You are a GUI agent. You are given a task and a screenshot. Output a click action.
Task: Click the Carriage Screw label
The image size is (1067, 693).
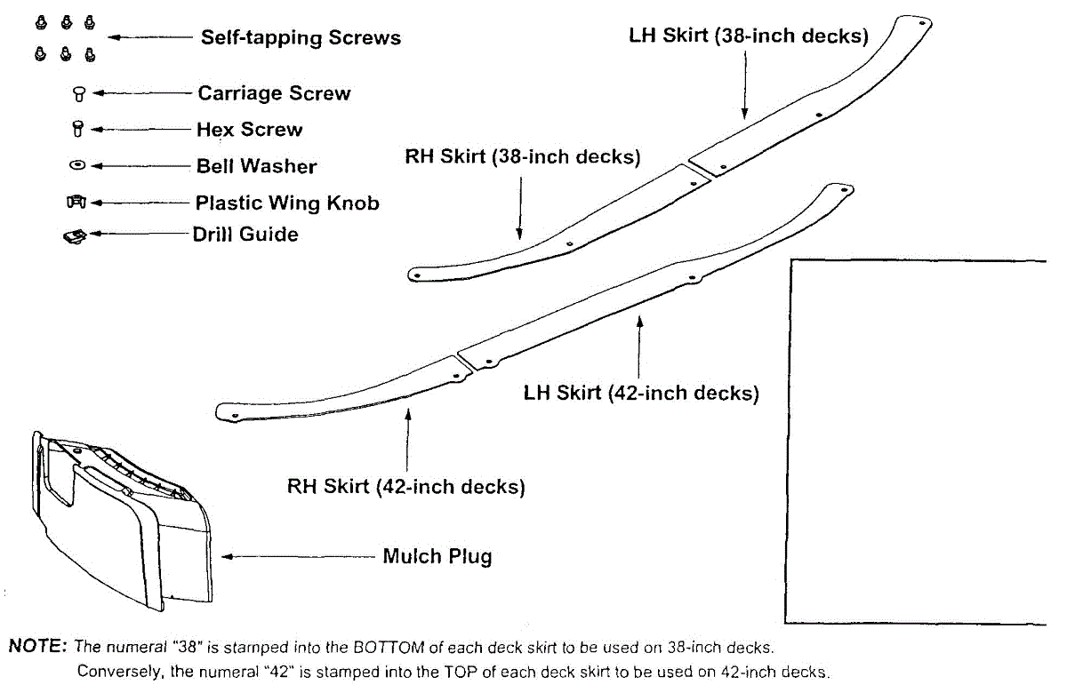click(274, 93)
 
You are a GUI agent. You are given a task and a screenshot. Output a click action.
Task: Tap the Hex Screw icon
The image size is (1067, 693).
click(77, 129)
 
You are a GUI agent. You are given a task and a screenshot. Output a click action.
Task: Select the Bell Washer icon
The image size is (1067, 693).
click(77, 165)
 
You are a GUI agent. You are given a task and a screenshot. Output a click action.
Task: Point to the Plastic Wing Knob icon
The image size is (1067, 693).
click(76, 203)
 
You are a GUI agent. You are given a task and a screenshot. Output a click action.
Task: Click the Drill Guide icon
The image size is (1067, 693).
click(75, 236)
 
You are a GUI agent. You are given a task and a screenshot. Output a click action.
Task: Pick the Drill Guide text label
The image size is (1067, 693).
click(245, 235)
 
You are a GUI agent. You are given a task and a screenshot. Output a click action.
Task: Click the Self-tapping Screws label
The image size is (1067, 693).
click(301, 37)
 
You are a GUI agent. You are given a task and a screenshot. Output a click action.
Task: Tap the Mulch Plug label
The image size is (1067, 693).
click(437, 557)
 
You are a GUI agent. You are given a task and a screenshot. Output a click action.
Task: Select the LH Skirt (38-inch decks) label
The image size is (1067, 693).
click(748, 36)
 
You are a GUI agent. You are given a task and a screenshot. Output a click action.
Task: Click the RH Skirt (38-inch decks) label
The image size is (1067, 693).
click(523, 157)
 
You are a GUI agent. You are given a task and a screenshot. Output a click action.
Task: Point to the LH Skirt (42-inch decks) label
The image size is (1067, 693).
click(641, 393)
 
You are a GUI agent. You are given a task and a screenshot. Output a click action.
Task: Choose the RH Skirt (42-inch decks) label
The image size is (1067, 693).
click(405, 487)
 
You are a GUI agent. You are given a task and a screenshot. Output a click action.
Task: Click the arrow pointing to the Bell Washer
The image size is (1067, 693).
click(142, 166)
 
